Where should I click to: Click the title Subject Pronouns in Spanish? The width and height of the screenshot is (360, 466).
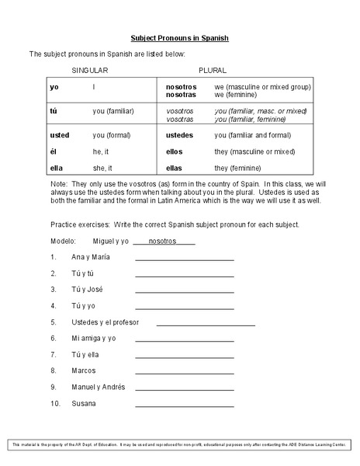pyautogui.click(x=179, y=37)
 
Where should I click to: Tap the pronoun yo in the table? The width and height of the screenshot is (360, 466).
pyautogui.click(x=54, y=87)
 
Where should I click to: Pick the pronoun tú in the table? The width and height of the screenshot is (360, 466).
pyautogui.click(x=54, y=111)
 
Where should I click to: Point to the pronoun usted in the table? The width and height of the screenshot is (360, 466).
pyautogui.click(x=60, y=135)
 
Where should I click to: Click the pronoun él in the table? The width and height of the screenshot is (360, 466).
pyautogui.click(x=53, y=151)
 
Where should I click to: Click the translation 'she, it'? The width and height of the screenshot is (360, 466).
pyautogui.click(x=103, y=168)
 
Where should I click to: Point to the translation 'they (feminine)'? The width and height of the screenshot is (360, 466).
pyautogui.click(x=242, y=168)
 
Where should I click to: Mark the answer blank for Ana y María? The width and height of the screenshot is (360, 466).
pyautogui.click(x=184, y=259)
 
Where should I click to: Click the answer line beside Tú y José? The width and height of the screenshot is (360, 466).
pyautogui.click(x=184, y=291)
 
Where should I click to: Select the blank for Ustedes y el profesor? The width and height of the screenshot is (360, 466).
pyautogui.click(x=206, y=323)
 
